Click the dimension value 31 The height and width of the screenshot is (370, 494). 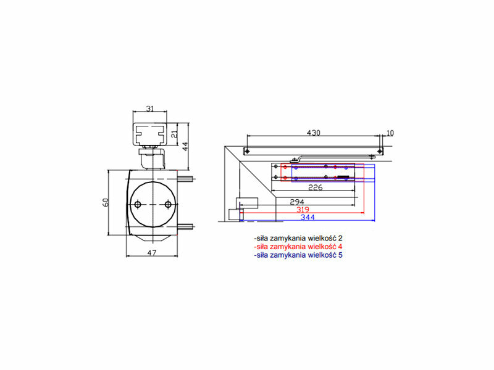(150, 109)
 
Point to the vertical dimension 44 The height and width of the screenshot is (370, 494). (185, 146)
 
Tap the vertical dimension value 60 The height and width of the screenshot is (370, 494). (106, 202)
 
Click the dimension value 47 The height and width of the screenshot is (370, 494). (152, 253)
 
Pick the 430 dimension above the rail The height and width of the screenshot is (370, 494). (314, 133)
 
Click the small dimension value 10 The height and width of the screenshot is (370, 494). (390, 133)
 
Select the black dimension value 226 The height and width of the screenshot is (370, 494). (316, 187)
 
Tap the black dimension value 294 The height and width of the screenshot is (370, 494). (297, 202)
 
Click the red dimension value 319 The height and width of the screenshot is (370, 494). (303, 210)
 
